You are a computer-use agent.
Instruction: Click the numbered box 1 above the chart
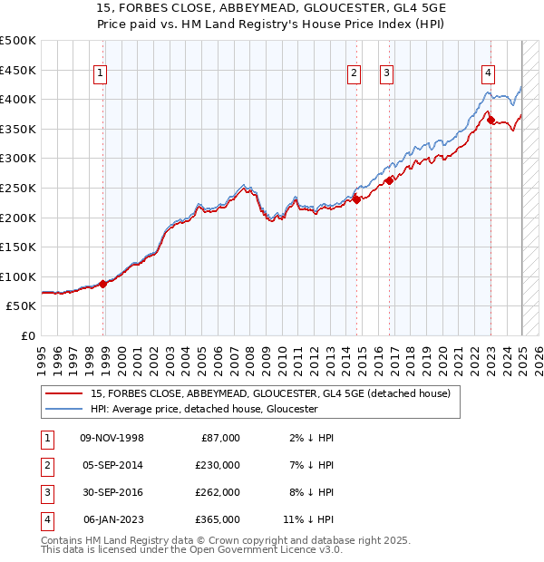(100, 74)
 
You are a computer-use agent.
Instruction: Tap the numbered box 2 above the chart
(354, 74)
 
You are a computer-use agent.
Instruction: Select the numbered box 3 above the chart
(386, 74)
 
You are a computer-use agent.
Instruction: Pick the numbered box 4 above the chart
(488, 74)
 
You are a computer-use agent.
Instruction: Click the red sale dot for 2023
(491, 120)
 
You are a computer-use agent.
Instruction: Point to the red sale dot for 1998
(103, 284)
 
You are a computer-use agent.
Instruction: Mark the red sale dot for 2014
(356, 199)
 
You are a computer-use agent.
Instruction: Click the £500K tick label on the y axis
(18, 41)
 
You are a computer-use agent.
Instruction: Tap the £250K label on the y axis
(18, 188)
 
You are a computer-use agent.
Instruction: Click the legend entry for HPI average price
(203, 409)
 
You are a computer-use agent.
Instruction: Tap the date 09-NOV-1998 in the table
(112, 438)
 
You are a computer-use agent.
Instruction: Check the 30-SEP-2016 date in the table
(112, 492)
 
